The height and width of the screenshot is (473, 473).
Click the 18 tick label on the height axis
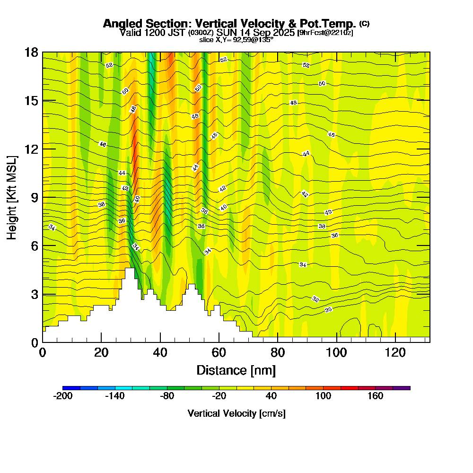tap(31, 52)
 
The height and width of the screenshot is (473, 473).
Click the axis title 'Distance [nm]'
tap(236, 370)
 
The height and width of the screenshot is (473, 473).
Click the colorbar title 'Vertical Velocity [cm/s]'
tap(236, 413)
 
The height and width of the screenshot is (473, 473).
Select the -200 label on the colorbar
tap(63, 396)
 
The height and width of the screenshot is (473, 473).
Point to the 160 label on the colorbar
tap(376, 396)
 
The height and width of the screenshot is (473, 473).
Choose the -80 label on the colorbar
tap(167, 396)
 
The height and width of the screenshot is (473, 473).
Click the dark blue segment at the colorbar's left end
tap(71, 388)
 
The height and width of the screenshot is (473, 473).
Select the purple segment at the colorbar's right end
tap(401, 388)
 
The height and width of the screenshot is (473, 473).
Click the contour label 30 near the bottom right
tap(329, 309)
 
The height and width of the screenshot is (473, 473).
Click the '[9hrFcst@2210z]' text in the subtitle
tap(325, 33)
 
